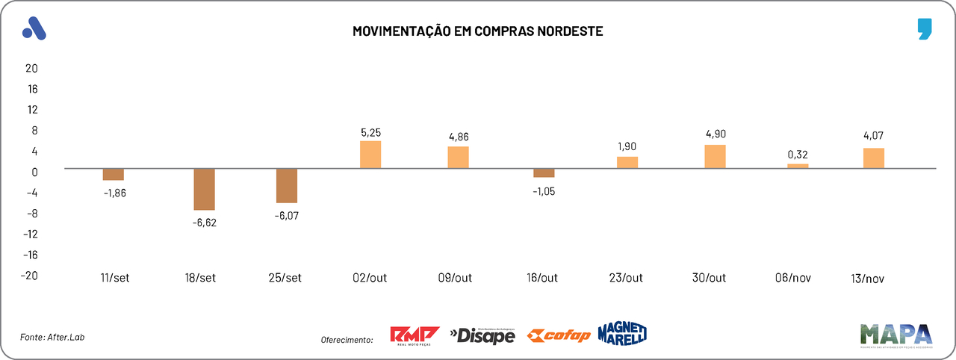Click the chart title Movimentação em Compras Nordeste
pos(477,31)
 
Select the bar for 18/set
pos(204,189)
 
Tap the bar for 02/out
pos(370,155)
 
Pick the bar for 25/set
pos(287,185)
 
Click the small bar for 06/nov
pos(798,166)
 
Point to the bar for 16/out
pos(544,173)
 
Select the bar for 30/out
pos(715,156)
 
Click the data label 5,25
pos(370,132)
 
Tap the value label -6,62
pos(204,222)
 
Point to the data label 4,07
pos(873,137)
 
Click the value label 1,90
pos(627,146)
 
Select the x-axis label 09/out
pos(454,278)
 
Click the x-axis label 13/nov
pos(867,279)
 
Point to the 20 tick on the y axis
pos(31,68)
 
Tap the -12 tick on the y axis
pos(29,234)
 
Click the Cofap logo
pos(559,336)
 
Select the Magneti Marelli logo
pos(622,333)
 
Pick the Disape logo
pos(482,336)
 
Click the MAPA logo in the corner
pos(896,335)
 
